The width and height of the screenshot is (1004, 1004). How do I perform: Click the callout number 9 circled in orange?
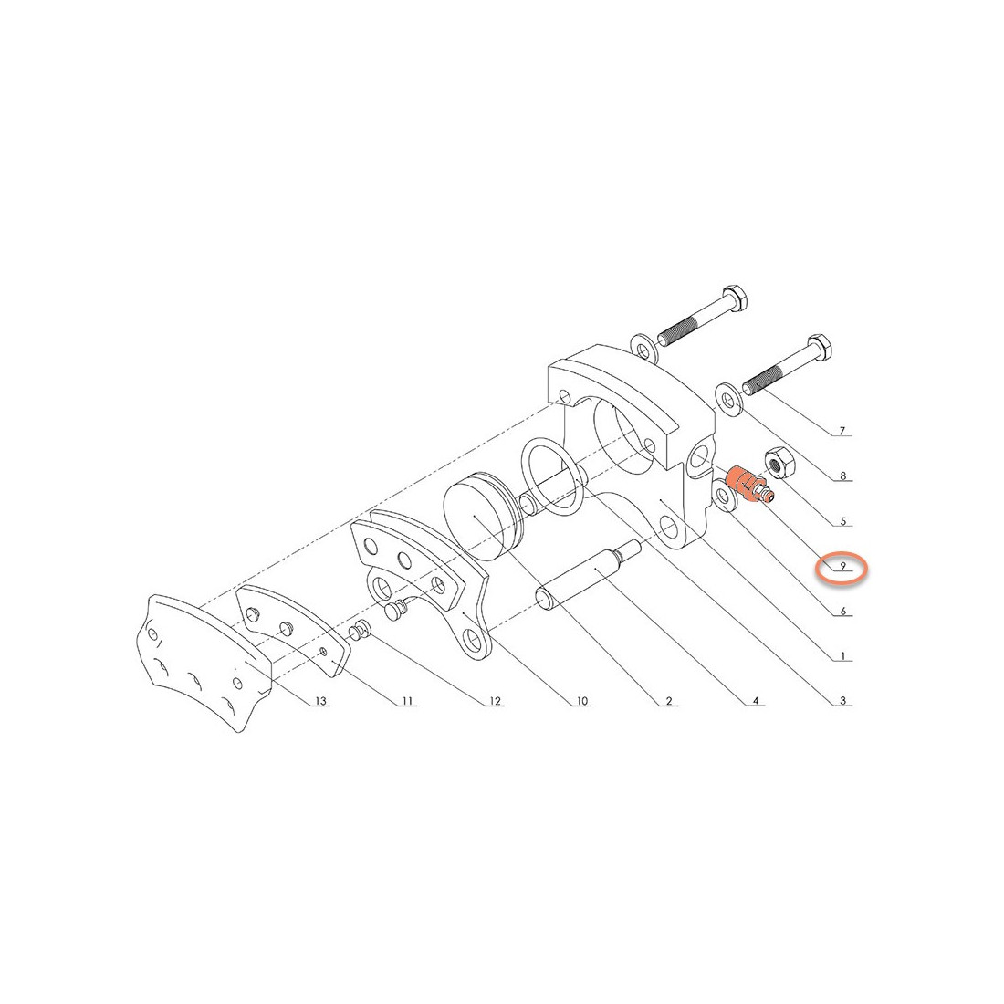coord(842,567)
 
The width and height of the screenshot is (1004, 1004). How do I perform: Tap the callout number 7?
coord(842,432)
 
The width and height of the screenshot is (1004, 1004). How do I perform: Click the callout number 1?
coord(842,656)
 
